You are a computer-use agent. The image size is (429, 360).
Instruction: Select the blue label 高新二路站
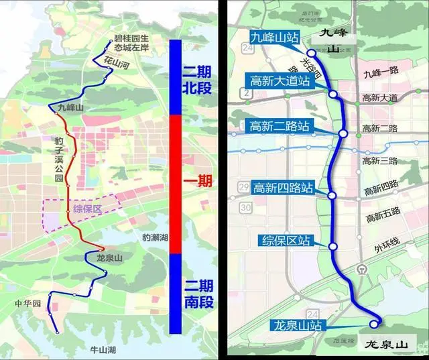coord(280,125)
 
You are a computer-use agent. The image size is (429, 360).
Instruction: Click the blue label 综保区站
coord(286,239)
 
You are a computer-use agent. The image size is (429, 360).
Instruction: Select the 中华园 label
coord(27,304)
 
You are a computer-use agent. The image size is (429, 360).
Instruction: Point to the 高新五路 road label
coord(382,211)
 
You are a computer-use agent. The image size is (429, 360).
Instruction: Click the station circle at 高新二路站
coord(343,134)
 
